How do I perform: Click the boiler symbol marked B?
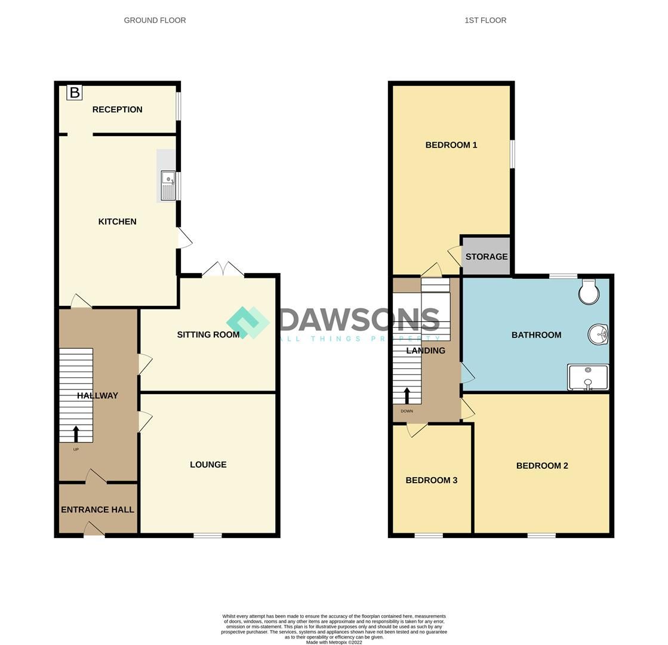[74, 93]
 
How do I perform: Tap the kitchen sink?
[168, 185]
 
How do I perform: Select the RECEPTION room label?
[117, 109]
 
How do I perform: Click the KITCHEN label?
[117, 222]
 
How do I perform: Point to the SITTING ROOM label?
[208, 334]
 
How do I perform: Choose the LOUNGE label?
[208, 465]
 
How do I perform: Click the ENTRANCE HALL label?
[97, 509]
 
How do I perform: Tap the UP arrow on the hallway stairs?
[76, 434]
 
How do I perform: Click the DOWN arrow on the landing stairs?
[407, 396]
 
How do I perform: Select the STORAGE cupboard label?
[487, 257]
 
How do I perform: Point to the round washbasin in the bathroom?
[598, 334]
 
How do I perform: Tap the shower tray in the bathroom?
[588, 377]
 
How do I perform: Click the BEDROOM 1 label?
[451, 145]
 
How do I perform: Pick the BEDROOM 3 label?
[431, 480]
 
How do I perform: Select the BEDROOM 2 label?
[542, 466]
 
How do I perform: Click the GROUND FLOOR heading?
[155, 20]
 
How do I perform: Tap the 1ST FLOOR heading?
[485, 20]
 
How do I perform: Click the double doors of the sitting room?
[223, 269]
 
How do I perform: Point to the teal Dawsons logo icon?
[248, 322]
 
